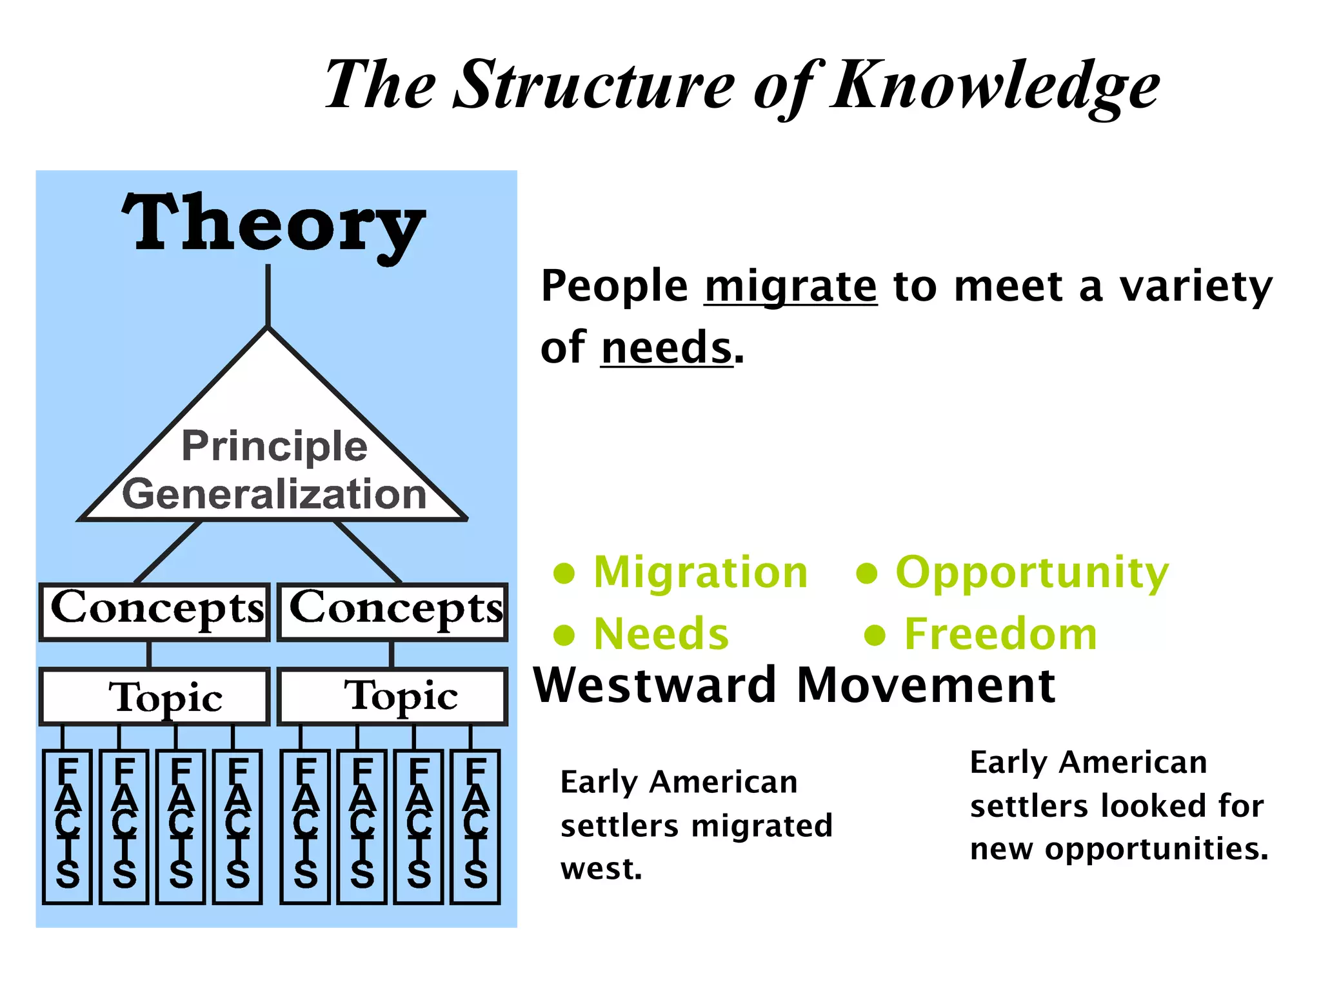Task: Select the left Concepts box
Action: pyautogui.click(x=155, y=611)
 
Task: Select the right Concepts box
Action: pyautogui.click(x=393, y=611)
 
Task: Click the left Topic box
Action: pyautogui.click(x=155, y=697)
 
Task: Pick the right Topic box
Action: pyautogui.click(x=393, y=697)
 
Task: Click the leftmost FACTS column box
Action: pyautogui.click(x=68, y=826)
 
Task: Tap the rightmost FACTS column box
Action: pyautogui.click(x=476, y=826)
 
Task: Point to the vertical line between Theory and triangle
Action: pyautogui.click(x=268, y=295)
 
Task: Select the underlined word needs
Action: pyautogui.click(x=667, y=348)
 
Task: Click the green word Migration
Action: pyautogui.click(x=700, y=572)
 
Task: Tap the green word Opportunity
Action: pyautogui.click(x=1032, y=572)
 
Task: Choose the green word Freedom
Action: pyautogui.click(x=1000, y=634)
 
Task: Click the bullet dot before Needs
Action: pyautogui.click(x=564, y=635)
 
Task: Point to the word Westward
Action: pyautogui.click(x=655, y=685)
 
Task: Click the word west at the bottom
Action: pyautogui.click(x=601, y=869)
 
